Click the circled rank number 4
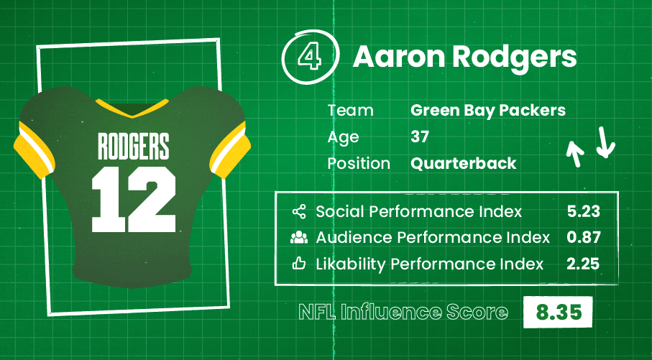tap(310, 57)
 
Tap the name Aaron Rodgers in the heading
tap(465, 57)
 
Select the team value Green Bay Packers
tap(488, 111)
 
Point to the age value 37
tap(420, 137)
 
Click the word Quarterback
tap(463, 163)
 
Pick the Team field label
tap(351, 111)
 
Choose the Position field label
tap(359, 163)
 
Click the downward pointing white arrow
tap(605, 142)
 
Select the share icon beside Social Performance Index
tap(299, 211)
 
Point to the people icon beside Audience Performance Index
tap(299, 237)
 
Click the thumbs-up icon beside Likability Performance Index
tap(299, 264)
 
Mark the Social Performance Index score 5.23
tap(584, 211)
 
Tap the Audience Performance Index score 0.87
tap(584, 237)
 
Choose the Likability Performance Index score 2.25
tap(583, 264)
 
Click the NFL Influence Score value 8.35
tap(559, 312)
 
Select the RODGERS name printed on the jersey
tap(134, 146)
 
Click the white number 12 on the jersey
tap(134, 199)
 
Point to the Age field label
tap(343, 137)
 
